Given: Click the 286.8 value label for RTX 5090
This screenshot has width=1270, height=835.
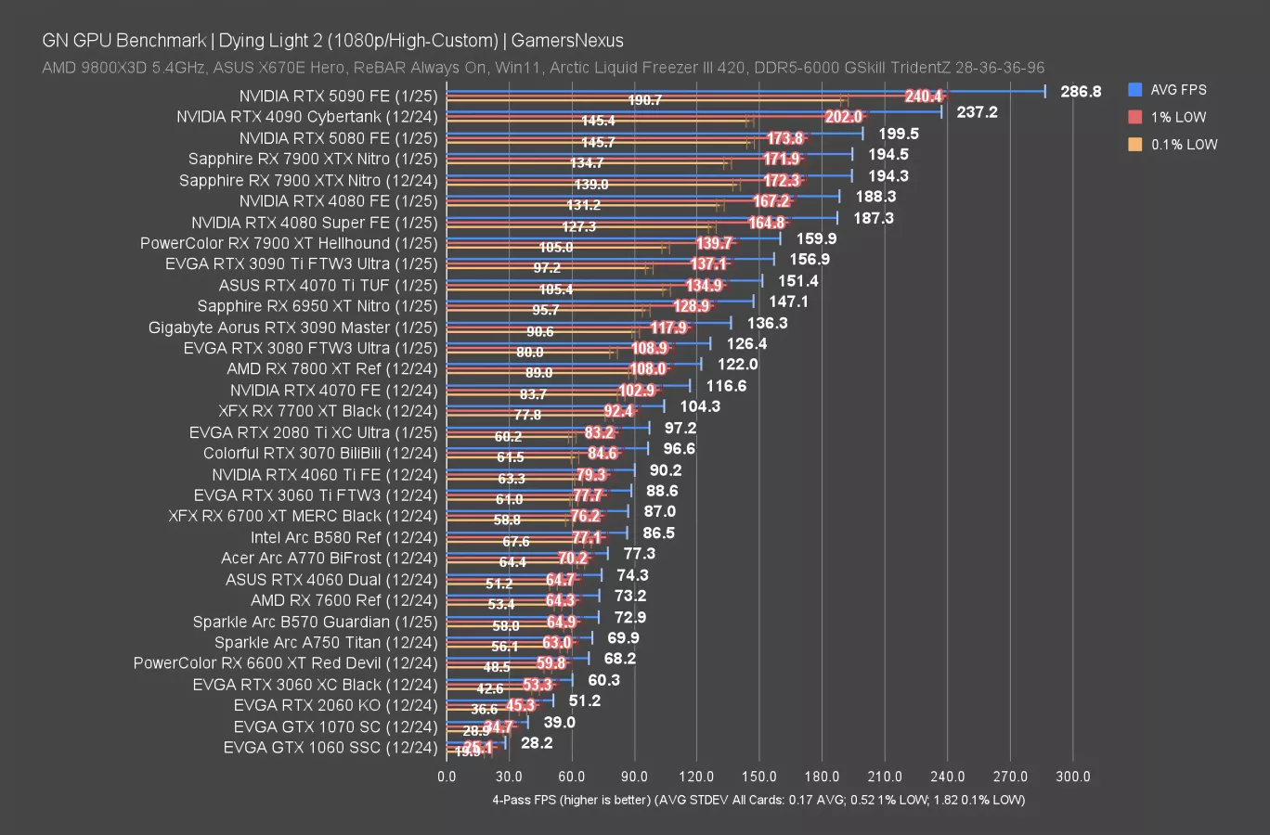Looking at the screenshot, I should point(1081,91).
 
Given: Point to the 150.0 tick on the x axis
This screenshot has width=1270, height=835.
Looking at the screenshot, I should point(759,777).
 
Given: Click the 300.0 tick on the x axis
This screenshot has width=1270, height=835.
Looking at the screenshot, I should point(1073,777).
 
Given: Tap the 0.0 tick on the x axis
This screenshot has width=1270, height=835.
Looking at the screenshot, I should point(447,777).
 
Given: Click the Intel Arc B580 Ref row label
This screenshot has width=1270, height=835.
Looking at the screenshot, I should point(343,537).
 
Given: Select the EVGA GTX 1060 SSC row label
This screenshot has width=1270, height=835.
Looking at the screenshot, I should point(330,748).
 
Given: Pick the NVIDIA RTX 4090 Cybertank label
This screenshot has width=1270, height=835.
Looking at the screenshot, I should point(306,117).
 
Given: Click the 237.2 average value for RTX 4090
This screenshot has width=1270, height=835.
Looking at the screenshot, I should point(977,111).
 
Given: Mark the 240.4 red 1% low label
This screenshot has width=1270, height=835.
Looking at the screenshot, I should point(924,96).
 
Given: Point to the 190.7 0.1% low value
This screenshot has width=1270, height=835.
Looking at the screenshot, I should point(645,100).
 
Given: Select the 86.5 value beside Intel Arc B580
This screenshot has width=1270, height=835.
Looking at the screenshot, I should point(658,533).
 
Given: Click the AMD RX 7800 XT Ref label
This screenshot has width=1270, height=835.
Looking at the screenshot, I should point(331,368).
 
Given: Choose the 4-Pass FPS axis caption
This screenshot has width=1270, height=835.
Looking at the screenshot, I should point(758,800).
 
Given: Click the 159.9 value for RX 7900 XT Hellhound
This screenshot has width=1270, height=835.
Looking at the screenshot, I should point(816,238).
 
